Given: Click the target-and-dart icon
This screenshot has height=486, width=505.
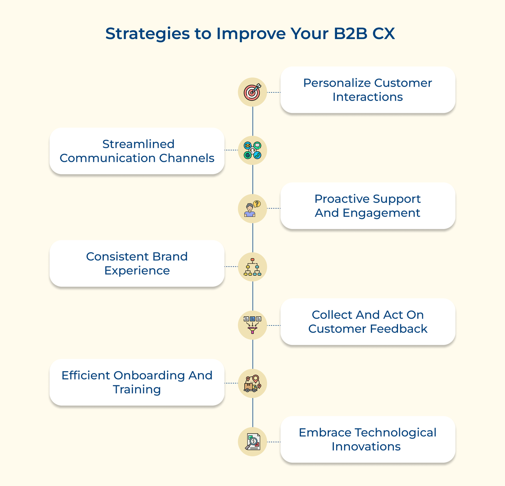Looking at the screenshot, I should pyautogui.click(x=252, y=92).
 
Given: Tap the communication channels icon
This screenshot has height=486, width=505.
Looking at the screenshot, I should pyautogui.click(x=252, y=150).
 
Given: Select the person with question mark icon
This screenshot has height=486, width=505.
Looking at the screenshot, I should pyautogui.click(x=252, y=209).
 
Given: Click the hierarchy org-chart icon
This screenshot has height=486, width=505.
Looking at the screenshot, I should pyautogui.click(x=252, y=267).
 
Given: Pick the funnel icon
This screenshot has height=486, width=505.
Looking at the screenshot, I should pyautogui.click(x=252, y=325).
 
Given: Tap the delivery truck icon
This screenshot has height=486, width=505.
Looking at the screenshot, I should pyautogui.click(x=252, y=384).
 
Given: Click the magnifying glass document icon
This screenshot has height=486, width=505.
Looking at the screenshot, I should pyautogui.click(x=252, y=442).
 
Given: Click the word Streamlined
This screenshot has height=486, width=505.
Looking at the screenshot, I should pyautogui.click(x=138, y=144).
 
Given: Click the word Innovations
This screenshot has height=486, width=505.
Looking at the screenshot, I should pyautogui.click(x=366, y=447).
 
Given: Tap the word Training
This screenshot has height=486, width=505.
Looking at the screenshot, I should pyautogui.click(x=137, y=390).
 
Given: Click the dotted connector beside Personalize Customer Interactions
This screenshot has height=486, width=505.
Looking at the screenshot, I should pyautogui.click(x=274, y=92).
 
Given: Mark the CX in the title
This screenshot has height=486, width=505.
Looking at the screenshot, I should pyautogui.click(x=383, y=33).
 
